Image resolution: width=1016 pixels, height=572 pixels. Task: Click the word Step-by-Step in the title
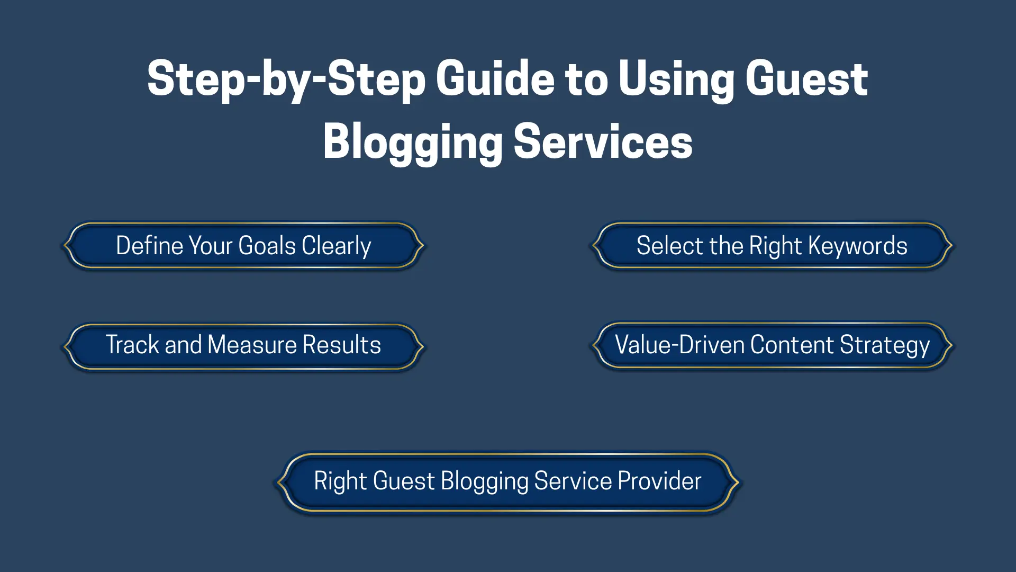[286, 79]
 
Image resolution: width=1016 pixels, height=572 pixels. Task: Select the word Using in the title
[676, 79]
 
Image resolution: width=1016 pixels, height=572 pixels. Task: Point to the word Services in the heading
[603, 141]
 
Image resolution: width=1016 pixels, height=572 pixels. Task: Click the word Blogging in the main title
[413, 143]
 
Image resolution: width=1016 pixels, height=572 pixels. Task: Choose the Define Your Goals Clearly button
[243, 245]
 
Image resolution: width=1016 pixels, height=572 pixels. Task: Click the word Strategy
[885, 346]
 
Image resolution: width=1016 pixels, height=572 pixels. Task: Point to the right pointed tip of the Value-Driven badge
[952, 345]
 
